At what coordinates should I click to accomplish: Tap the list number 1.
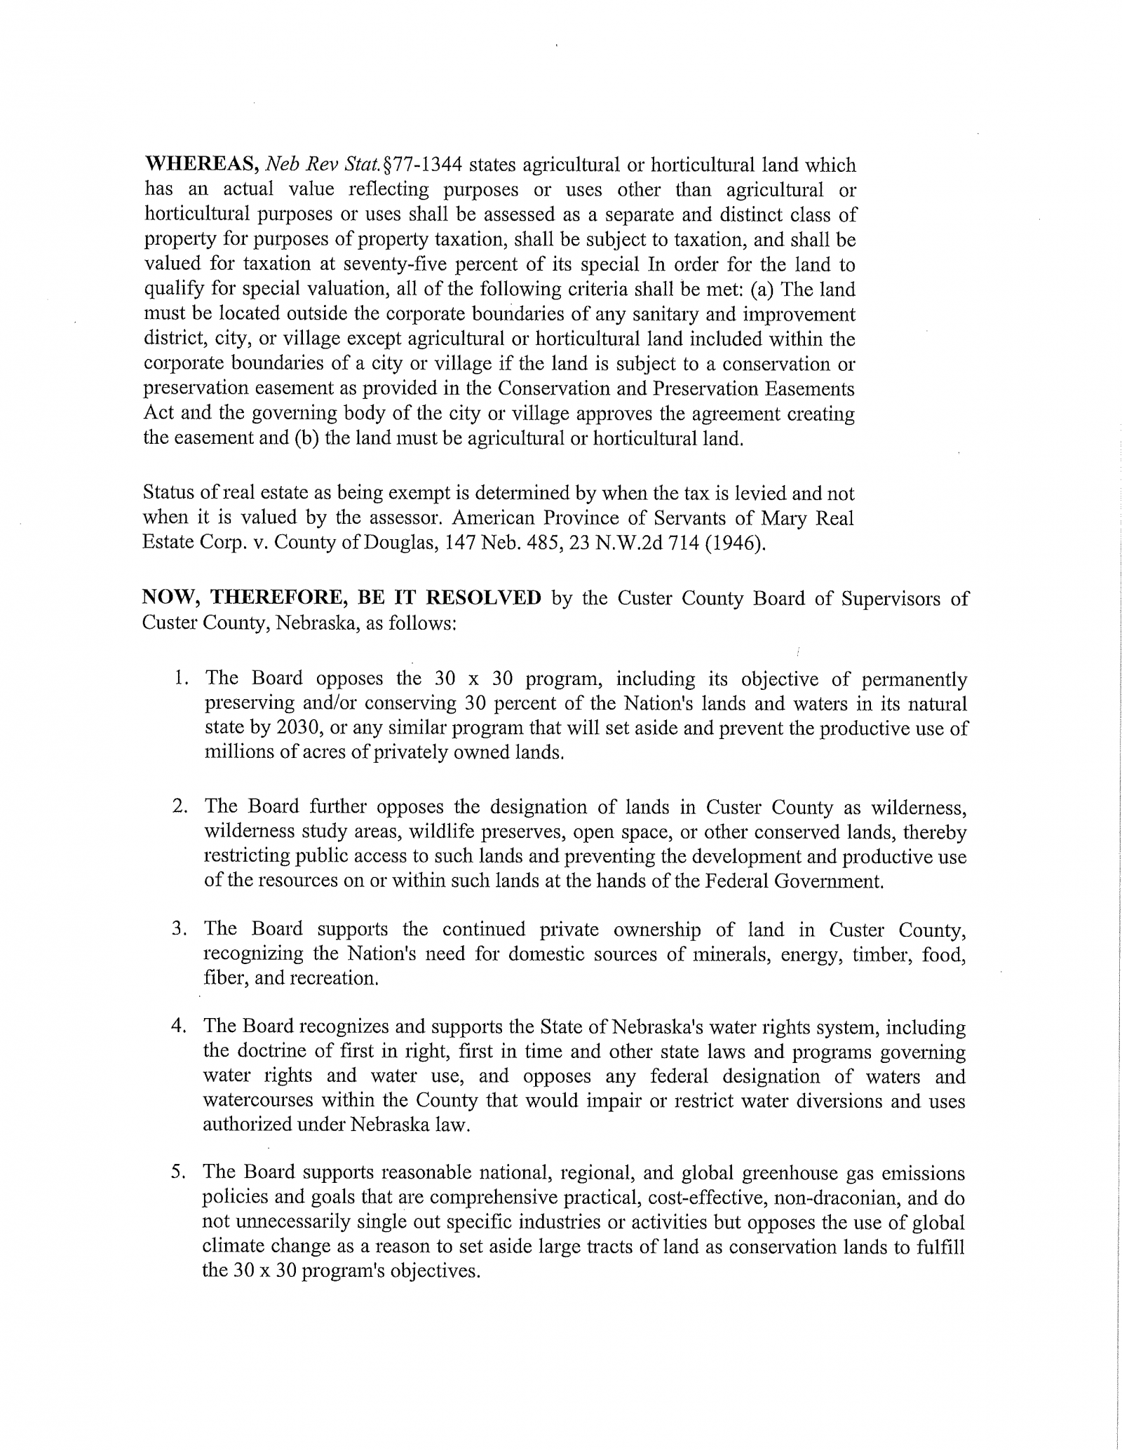pyautogui.click(x=181, y=679)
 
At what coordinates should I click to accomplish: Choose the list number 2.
pyautogui.click(x=180, y=807)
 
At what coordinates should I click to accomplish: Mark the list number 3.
pyautogui.click(x=180, y=930)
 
